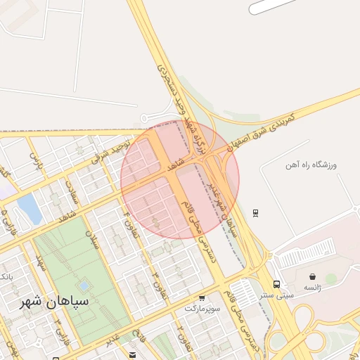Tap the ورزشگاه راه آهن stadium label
pyautogui.click(x=311, y=165)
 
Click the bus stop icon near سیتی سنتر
pyautogui.click(x=277, y=285)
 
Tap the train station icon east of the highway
pyautogui.click(x=255, y=212)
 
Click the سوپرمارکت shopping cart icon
pyautogui.click(x=202, y=298)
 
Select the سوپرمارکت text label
pyautogui.click(x=202, y=308)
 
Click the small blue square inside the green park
pyautogui.click(x=84, y=286)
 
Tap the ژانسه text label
pyautogui.click(x=312, y=288)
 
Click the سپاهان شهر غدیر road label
pyautogui.click(x=217, y=198)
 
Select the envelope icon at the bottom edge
pyautogui.click(x=132, y=354)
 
